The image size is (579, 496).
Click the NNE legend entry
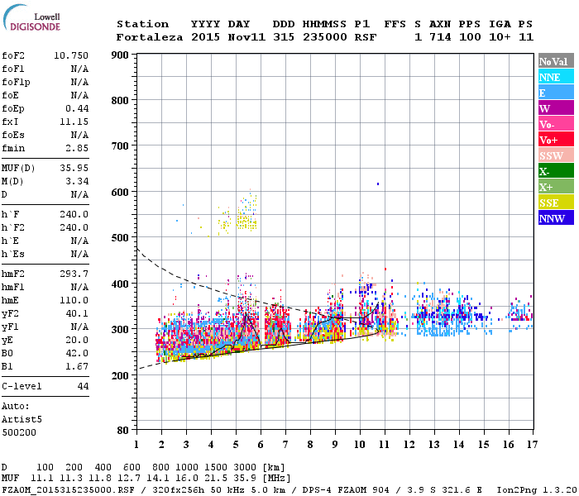(x=554, y=77)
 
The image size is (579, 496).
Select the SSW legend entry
(x=554, y=155)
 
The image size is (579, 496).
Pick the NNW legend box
(x=554, y=218)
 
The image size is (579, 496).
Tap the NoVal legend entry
(x=554, y=61)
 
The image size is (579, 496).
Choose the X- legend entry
(x=554, y=171)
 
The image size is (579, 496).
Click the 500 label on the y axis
(x=120, y=238)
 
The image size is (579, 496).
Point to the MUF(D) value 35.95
(x=74, y=168)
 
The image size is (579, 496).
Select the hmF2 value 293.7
(x=74, y=274)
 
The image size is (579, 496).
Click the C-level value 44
(x=83, y=386)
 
